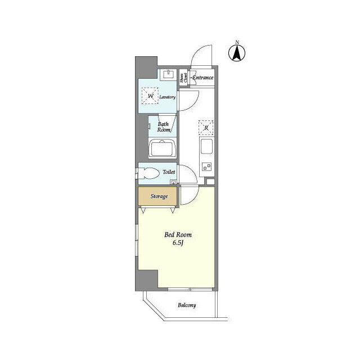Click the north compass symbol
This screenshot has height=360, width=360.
point(237,54)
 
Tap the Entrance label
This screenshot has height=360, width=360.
point(202,77)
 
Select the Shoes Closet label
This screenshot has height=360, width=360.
point(183,78)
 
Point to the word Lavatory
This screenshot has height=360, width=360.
point(168,97)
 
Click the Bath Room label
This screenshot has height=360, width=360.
point(164,127)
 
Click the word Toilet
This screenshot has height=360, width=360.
point(169,172)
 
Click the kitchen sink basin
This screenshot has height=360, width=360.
point(206,148)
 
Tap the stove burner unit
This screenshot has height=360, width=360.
point(206,166)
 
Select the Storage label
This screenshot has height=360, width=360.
point(159,196)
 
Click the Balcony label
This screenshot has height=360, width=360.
point(187,305)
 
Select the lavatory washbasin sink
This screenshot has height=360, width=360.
point(168,74)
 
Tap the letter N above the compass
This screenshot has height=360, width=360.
point(237,43)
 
